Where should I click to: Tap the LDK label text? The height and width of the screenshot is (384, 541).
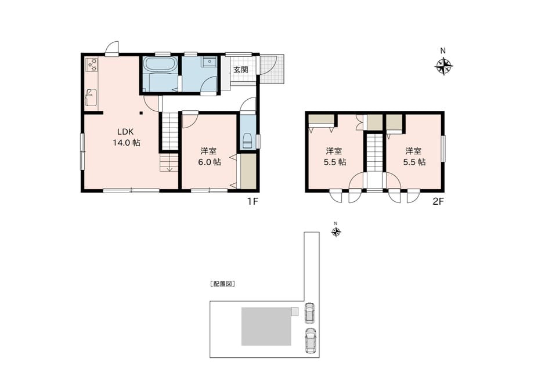tap(125, 131)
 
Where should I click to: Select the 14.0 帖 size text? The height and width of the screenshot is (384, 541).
tap(127, 143)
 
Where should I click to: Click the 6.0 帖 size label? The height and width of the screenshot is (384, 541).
tap(209, 162)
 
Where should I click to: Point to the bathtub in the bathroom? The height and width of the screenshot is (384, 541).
tap(160, 65)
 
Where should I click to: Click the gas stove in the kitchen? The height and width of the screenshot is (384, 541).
tap(92, 65)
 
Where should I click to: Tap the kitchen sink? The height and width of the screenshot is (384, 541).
tap(92, 97)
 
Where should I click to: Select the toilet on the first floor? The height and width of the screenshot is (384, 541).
tap(247, 140)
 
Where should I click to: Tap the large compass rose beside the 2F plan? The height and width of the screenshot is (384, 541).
tap(443, 66)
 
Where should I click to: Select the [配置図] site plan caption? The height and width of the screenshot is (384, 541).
tap(222, 284)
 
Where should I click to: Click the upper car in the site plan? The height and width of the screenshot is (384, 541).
tap(309, 313)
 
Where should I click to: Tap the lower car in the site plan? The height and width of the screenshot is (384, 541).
tap(311, 340)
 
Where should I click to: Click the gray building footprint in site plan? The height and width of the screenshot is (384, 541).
tap(266, 327)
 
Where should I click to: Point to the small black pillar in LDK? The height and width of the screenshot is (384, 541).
tap(141, 113)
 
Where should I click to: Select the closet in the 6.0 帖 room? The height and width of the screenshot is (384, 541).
tap(248, 171)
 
